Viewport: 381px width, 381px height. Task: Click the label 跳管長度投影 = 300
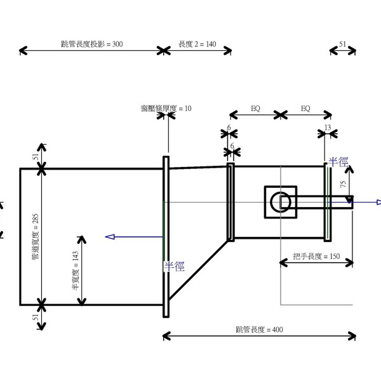click(x=91, y=44)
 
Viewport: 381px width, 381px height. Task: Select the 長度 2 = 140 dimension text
click(x=197, y=44)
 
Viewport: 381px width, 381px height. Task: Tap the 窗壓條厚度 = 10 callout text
click(x=166, y=109)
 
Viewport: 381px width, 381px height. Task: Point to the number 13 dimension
click(x=327, y=128)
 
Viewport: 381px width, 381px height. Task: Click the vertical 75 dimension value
click(x=343, y=185)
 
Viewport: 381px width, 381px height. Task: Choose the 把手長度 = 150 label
click(x=316, y=257)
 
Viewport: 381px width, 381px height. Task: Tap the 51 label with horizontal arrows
click(x=343, y=45)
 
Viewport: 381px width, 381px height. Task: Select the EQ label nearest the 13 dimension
click(x=305, y=109)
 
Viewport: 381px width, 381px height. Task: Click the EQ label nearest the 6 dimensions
click(x=255, y=109)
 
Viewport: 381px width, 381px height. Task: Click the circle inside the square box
click(x=280, y=202)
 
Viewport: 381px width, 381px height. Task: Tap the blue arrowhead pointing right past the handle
click(x=377, y=203)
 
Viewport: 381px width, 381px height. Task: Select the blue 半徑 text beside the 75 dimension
click(x=338, y=163)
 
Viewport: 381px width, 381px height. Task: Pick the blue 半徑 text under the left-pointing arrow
click(x=173, y=266)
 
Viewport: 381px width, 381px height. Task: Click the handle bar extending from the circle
click(x=321, y=202)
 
